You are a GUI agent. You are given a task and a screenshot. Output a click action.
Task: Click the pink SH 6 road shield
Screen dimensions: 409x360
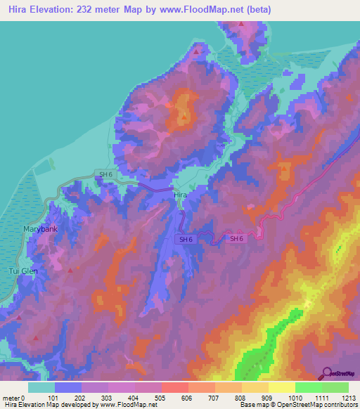(x=236, y=239)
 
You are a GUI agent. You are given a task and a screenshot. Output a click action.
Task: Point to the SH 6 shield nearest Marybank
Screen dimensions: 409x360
(x=105, y=174)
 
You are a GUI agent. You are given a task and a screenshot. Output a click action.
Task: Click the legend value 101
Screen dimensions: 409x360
(x=53, y=398)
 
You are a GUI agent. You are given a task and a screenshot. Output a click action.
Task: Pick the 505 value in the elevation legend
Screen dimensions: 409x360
(x=161, y=398)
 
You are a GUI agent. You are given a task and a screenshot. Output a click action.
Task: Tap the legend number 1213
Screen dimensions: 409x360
(x=348, y=398)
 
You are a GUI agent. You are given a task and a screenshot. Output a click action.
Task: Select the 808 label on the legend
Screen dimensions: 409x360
(x=241, y=398)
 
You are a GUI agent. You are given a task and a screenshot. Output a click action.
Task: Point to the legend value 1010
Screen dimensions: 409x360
(x=295, y=398)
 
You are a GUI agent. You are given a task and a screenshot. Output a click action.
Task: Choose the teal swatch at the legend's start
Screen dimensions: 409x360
(x=41, y=387)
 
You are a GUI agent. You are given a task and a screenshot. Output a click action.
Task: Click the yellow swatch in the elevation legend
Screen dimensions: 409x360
(x=281, y=387)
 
